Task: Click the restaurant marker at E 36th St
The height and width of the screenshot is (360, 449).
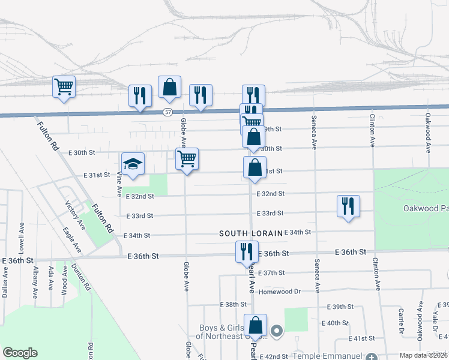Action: point(246,252)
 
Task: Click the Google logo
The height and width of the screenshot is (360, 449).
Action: point(19,353)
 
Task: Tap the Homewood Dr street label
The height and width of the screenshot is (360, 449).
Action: point(280,292)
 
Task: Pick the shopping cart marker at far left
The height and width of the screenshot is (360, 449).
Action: point(64,88)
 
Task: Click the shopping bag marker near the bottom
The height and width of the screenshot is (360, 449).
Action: point(256,326)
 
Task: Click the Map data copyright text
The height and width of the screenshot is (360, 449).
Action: point(423,355)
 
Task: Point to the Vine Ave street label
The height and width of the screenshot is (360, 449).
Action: point(119,184)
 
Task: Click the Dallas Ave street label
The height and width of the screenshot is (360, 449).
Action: point(5,279)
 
